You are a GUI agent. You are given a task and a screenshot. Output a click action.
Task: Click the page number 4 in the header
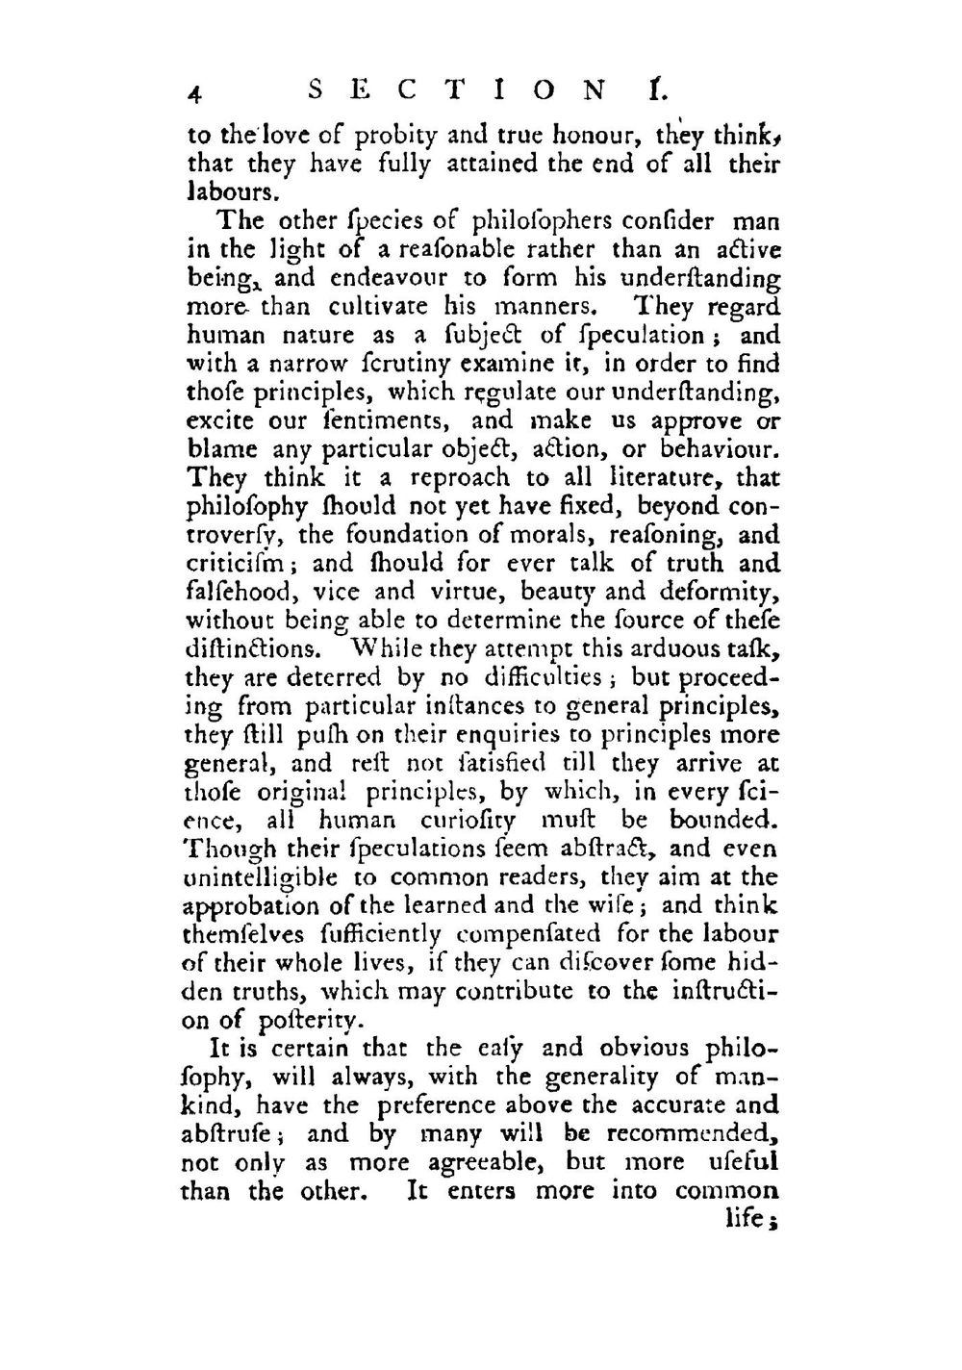[x=194, y=92]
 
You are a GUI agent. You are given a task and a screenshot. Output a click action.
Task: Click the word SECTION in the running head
[x=458, y=91]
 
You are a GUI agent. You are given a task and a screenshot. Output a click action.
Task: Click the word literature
[x=670, y=478]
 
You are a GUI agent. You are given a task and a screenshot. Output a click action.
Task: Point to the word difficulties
[x=533, y=677]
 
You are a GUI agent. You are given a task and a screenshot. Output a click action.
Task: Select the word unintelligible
[x=260, y=878]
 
